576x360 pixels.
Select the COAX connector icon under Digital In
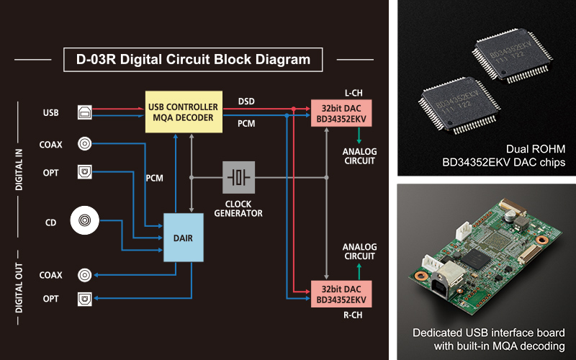[86, 144]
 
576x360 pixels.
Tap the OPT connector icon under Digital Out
[86, 298]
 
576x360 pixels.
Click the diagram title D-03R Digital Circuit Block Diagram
[194, 60]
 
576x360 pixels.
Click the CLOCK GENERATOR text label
[238, 208]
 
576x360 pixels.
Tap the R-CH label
[354, 314]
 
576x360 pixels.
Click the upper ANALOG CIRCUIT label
[359, 156]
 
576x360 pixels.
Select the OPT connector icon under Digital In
[86, 174]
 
